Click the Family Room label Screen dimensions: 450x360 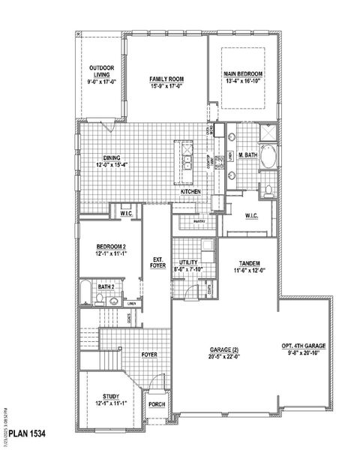(x=166, y=79)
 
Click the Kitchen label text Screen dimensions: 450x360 (x=190, y=193)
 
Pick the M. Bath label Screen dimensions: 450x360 (x=248, y=155)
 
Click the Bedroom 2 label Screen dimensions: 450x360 (x=110, y=247)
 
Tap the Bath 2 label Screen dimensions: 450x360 (x=108, y=286)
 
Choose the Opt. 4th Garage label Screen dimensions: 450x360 (x=303, y=346)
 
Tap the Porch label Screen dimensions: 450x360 (x=157, y=405)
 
